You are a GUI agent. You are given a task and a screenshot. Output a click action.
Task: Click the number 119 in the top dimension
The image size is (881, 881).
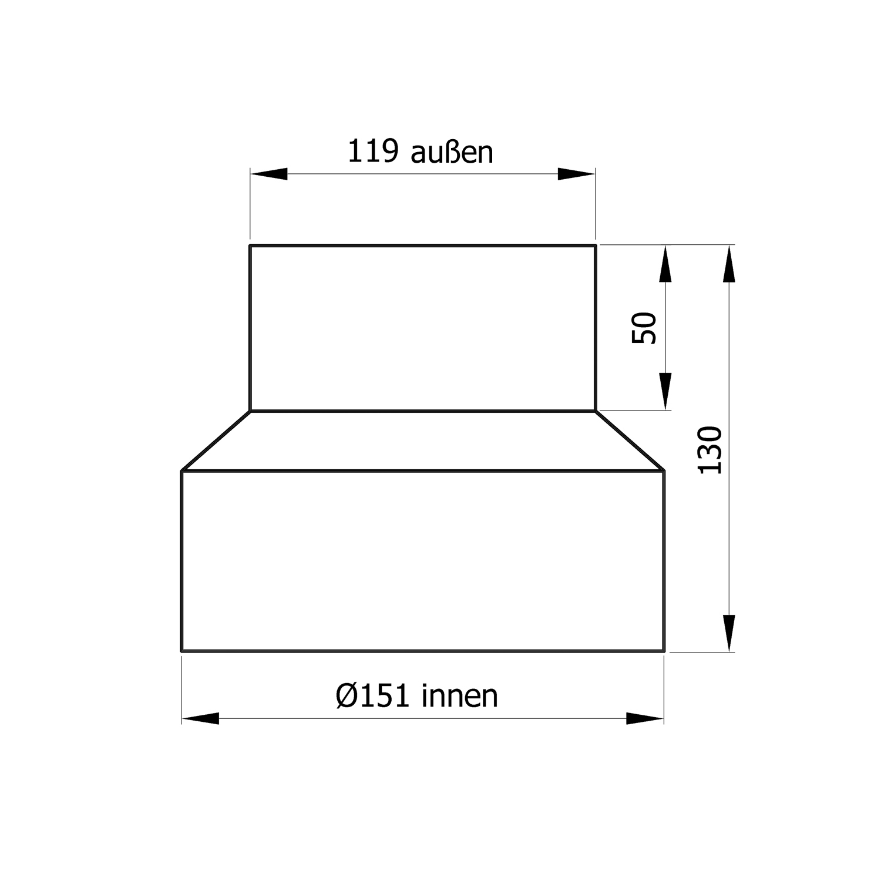click(x=373, y=152)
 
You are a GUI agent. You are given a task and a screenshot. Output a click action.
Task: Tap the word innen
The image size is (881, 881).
click(x=460, y=696)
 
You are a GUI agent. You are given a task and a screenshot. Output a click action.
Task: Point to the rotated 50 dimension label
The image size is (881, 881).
click(x=644, y=328)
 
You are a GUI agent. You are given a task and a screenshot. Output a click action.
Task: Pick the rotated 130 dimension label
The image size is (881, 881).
click(x=709, y=450)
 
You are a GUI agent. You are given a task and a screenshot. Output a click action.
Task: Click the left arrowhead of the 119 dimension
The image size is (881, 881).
click(x=269, y=174)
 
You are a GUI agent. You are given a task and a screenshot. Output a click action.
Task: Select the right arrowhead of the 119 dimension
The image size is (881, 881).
click(x=577, y=174)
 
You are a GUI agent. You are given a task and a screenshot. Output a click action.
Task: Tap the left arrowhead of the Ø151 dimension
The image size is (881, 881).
click(x=200, y=718)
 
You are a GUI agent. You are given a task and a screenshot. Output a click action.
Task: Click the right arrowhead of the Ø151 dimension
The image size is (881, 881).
click(x=645, y=718)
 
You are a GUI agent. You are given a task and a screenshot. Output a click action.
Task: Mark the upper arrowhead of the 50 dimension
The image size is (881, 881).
click(x=665, y=264)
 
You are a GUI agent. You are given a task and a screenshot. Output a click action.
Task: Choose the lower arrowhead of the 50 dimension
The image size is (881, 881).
click(x=665, y=391)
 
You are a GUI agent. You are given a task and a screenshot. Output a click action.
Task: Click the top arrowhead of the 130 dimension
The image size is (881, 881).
click(x=729, y=264)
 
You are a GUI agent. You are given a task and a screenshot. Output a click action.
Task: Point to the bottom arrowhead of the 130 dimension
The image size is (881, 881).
click(x=729, y=633)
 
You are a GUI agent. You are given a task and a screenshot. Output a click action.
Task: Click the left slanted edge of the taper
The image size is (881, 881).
click(x=216, y=441)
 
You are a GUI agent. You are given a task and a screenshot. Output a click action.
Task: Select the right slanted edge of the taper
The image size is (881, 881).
click(x=630, y=441)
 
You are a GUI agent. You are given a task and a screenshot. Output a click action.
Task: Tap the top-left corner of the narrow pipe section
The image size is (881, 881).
click(x=250, y=246)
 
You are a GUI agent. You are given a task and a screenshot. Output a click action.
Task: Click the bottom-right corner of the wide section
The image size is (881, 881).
click(x=664, y=651)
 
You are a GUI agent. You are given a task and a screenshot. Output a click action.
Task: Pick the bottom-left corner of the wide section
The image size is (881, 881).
click(x=182, y=651)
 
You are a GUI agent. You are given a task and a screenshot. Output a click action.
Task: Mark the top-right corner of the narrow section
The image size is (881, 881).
click(x=596, y=246)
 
